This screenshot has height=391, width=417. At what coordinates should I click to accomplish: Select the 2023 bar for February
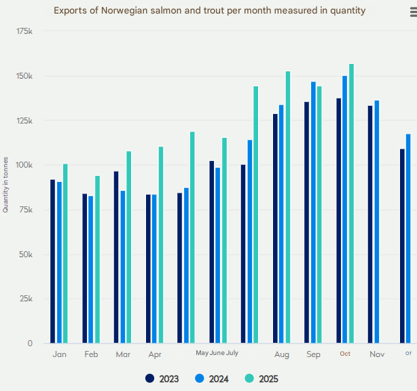(85, 268)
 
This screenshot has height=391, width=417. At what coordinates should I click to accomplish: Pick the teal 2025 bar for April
(161, 244)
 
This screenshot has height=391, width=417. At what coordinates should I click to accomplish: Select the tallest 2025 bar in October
(352, 204)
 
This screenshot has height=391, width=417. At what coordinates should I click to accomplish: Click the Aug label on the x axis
(282, 354)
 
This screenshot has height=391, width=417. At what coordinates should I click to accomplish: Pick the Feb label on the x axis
(91, 354)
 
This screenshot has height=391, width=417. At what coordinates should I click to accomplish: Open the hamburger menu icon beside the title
(412, 12)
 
